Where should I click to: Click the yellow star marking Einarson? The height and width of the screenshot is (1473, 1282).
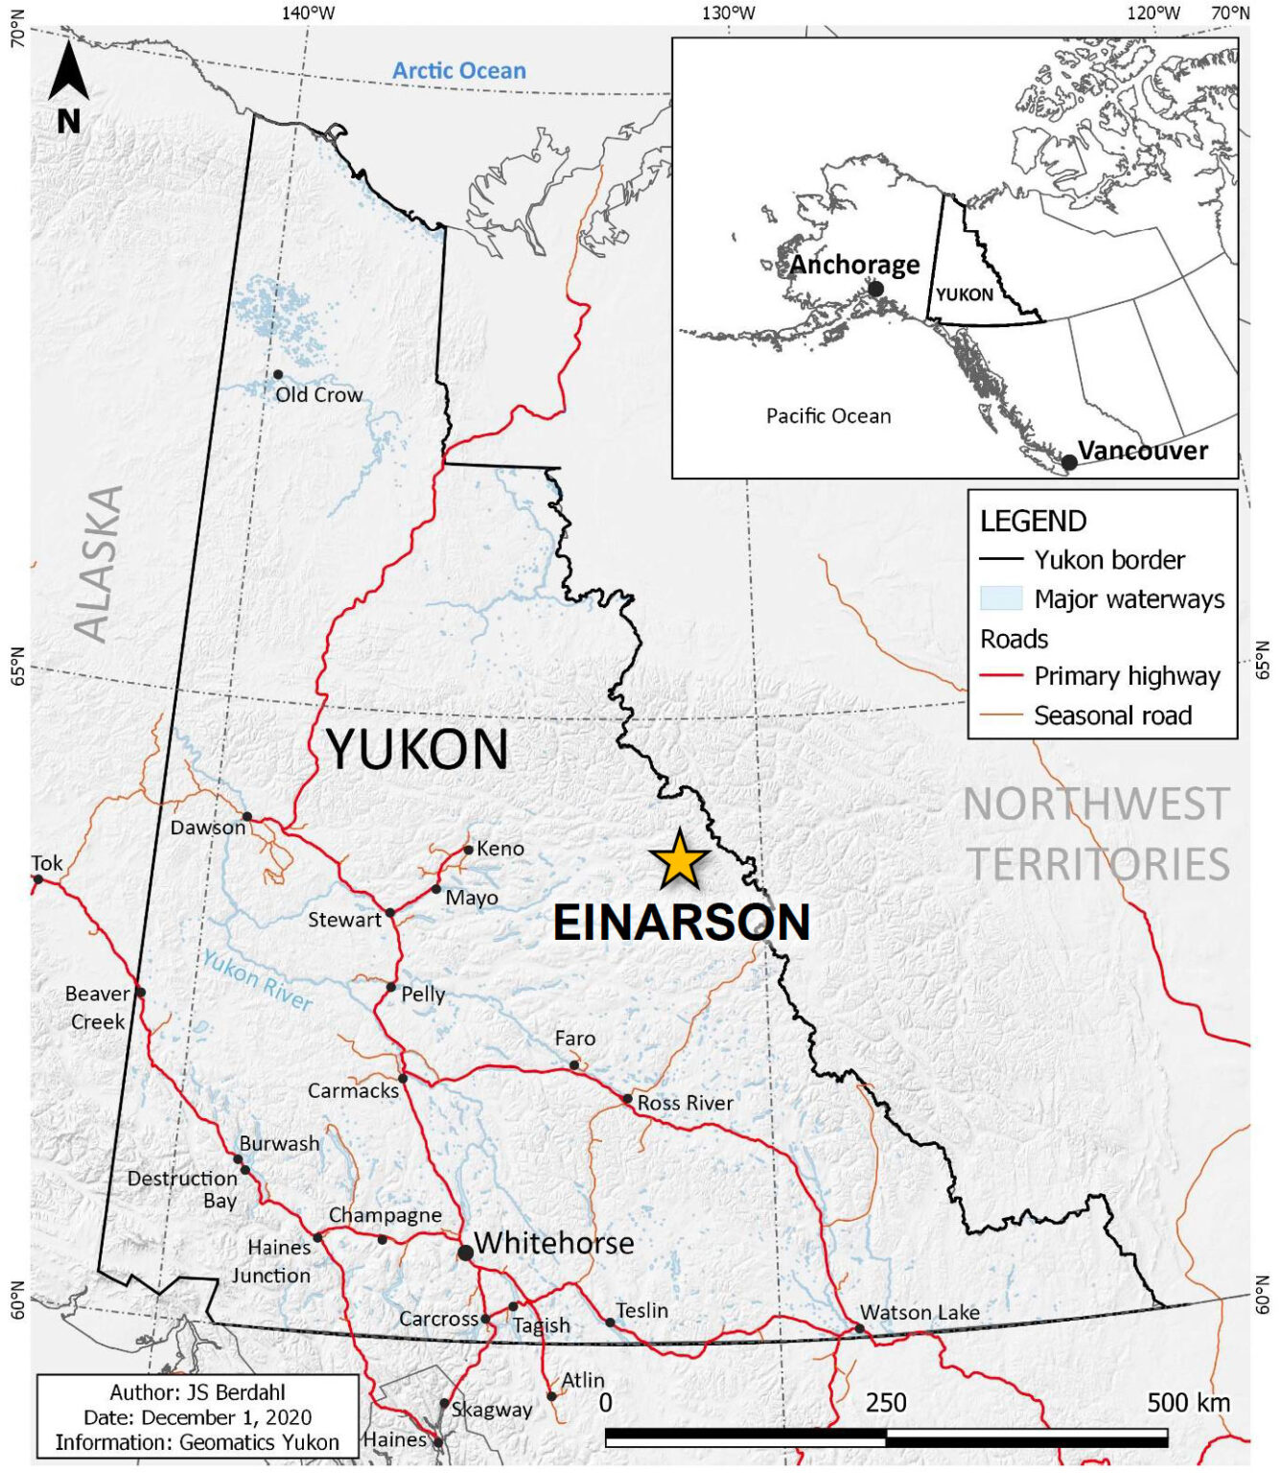(679, 859)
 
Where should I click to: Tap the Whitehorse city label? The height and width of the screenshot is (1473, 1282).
(553, 1243)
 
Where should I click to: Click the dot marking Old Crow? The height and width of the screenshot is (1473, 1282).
(278, 375)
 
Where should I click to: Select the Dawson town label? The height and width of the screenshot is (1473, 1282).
(208, 828)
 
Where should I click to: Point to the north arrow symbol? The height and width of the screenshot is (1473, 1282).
(69, 87)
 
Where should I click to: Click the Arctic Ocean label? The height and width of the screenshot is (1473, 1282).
(458, 71)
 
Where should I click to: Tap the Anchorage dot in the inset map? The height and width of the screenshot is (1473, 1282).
(875, 289)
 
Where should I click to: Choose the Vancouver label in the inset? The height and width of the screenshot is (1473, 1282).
(1142, 451)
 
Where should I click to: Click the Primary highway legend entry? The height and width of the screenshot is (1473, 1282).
(1127, 676)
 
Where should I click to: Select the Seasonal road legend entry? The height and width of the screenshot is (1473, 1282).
(1112, 715)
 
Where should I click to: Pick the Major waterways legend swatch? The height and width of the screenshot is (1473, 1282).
(1000, 598)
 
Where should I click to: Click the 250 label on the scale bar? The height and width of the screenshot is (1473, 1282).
(886, 1403)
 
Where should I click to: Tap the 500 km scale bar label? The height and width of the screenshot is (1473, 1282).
(1188, 1403)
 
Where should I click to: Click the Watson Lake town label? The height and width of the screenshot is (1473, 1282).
(920, 1312)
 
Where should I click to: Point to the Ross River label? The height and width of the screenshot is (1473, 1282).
(685, 1103)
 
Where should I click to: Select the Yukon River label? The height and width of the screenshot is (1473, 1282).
(257, 980)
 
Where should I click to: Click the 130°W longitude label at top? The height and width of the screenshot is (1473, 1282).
(728, 12)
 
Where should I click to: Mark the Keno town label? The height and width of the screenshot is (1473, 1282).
(501, 849)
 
